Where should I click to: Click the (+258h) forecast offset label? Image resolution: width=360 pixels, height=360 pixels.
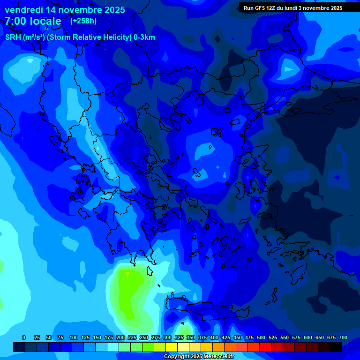(x=83, y=21)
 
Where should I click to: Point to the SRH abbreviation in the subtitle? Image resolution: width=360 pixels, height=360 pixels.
(x=13, y=37)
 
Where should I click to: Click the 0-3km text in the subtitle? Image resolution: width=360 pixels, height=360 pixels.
(x=144, y=37)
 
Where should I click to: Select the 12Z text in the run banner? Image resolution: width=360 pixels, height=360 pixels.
(x=273, y=8)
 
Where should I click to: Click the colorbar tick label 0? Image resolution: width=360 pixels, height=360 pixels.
(x=24, y=338)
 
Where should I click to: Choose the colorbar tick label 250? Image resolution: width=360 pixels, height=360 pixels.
(x=144, y=338)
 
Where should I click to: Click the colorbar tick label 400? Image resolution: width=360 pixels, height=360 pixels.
(x=214, y=338)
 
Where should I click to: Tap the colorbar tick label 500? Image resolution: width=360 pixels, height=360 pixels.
(x=261, y=338)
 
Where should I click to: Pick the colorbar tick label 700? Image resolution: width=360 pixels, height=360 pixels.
(x=343, y=338)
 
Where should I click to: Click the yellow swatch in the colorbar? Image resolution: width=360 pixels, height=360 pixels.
(x=172, y=347)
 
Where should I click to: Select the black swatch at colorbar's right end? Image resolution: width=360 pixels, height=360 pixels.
(x=336, y=347)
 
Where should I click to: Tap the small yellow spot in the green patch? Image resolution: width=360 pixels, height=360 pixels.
(x=127, y=274)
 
